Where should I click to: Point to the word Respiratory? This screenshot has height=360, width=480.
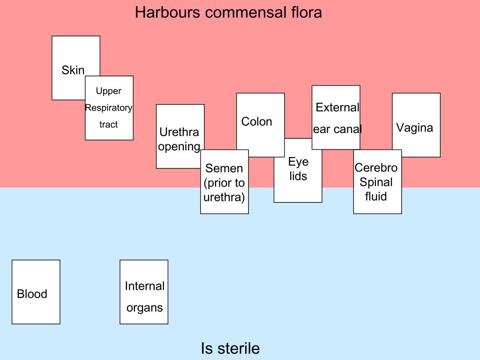pyautogui.click(x=109, y=108)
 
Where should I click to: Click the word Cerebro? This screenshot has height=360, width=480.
pyautogui.click(x=376, y=168)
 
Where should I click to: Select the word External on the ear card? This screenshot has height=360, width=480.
pyautogui.click(x=337, y=107)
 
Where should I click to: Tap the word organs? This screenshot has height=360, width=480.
pyautogui.click(x=144, y=308)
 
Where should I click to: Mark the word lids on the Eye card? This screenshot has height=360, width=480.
pyautogui.click(x=298, y=176)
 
